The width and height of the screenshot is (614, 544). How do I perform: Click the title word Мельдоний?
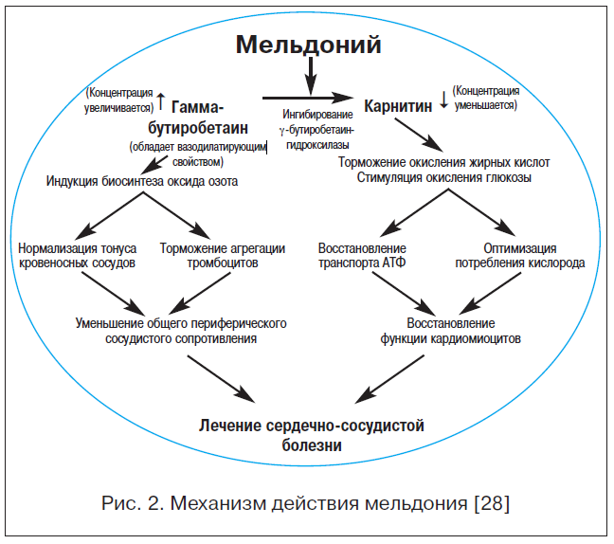pyautogui.click(x=308, y=45)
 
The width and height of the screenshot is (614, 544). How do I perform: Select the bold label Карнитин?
pyautogui.click(x=398, y=106)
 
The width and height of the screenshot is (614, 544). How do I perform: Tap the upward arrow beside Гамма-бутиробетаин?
pyautogui.click(x=161, y=101)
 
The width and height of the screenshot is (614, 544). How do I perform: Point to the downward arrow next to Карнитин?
pyautogui.click(x=443, y=100)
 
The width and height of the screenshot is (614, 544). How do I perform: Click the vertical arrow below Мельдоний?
pyautogui.click(x=311, y=76)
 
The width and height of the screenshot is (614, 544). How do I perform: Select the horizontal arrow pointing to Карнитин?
pyautogui.click(x=308, y=98)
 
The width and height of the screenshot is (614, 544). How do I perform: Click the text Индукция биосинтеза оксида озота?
pyautogui.click(x=142, y=181)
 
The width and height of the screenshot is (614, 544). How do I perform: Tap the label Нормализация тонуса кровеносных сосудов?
pyautogui.click(x=77, y=255)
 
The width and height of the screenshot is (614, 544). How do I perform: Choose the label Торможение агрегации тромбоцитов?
pyautogui.click(x=223, y=255)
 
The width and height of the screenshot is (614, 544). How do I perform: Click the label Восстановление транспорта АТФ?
pyautogui.click(x=362, y=255)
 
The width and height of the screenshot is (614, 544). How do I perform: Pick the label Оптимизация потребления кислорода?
pyautogui.click(x=520, y=255)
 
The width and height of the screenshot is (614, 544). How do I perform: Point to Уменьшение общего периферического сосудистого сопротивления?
pyautogui.click(x=181, y=331)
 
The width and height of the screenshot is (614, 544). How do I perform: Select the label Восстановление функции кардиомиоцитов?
pyautogui.click(x=451, y=331)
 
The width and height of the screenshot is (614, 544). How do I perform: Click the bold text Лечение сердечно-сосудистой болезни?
pyautogui.click(x=312, y=435)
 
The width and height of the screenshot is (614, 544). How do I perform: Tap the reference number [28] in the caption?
pyautogui.click(x=492, y=503)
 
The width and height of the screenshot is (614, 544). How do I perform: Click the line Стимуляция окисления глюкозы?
pyautogui.click(x=444, y=177)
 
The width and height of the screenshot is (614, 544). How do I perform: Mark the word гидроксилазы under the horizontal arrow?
pyautogui.click(x=317, y=145)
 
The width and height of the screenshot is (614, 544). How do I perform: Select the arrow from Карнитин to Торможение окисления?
pyautogui.click(x=419, y=136)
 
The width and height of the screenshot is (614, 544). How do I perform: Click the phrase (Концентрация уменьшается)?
pyautogui.click(x=486, y=98)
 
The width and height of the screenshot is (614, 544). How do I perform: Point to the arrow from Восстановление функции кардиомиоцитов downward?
pyautogui.click(x=389, y=379)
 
